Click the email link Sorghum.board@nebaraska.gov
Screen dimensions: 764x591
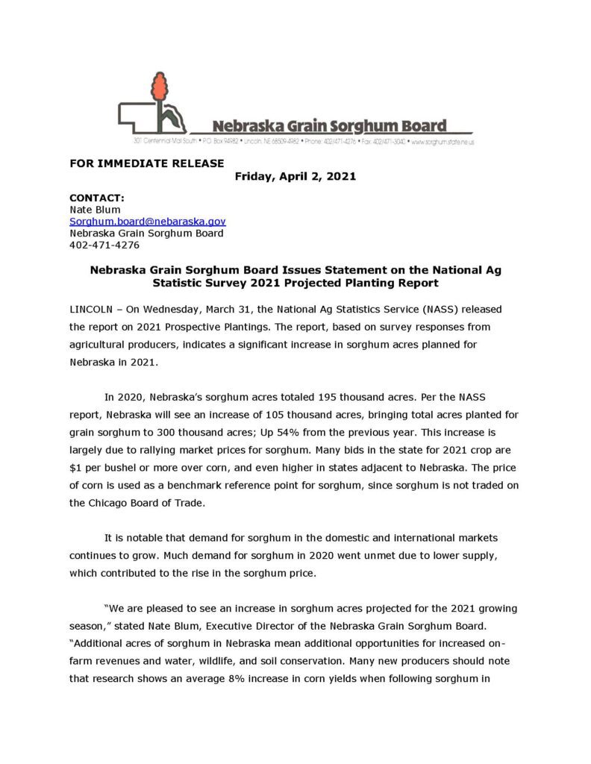pos(148,222)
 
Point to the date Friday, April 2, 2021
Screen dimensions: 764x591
pos(295,177)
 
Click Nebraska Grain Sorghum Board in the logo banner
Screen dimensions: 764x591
pos(329,125)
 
